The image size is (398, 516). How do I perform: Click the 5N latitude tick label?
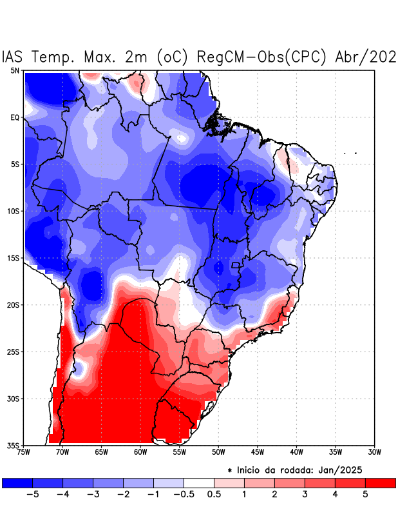tap(14, 71)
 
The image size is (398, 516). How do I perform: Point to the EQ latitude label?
tap(14, 117)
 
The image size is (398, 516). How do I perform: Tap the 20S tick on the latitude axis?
tap(13, 304)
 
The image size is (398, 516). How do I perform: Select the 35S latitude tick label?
tap(13, 445)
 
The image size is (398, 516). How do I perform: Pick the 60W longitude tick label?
tap(140, 452)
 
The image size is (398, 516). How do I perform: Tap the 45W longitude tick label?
tap(257, 452)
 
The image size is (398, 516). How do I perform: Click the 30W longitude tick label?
tap(375, 452)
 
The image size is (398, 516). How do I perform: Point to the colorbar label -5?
tap(32, 494)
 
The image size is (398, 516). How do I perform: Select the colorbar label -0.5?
tap(184, 494)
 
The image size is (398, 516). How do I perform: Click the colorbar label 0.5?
tap(214, 494)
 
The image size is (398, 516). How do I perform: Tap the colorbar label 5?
tap(366, 494)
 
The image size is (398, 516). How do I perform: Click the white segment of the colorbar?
tap(199, 482)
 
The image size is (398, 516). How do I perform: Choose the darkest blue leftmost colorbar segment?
tap(17, 482)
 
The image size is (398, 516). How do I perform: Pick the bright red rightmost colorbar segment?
tap(381, 482)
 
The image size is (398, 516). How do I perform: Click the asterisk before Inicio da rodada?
tap(230, 471)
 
